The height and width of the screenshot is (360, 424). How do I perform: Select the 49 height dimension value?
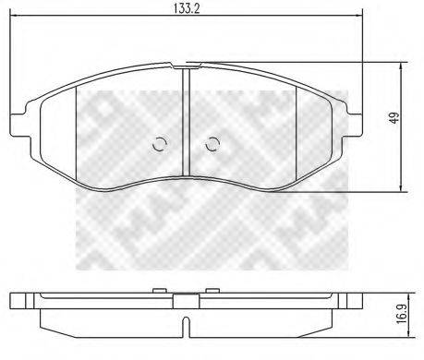[394, 118]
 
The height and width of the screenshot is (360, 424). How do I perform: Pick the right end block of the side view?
[354, 303]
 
